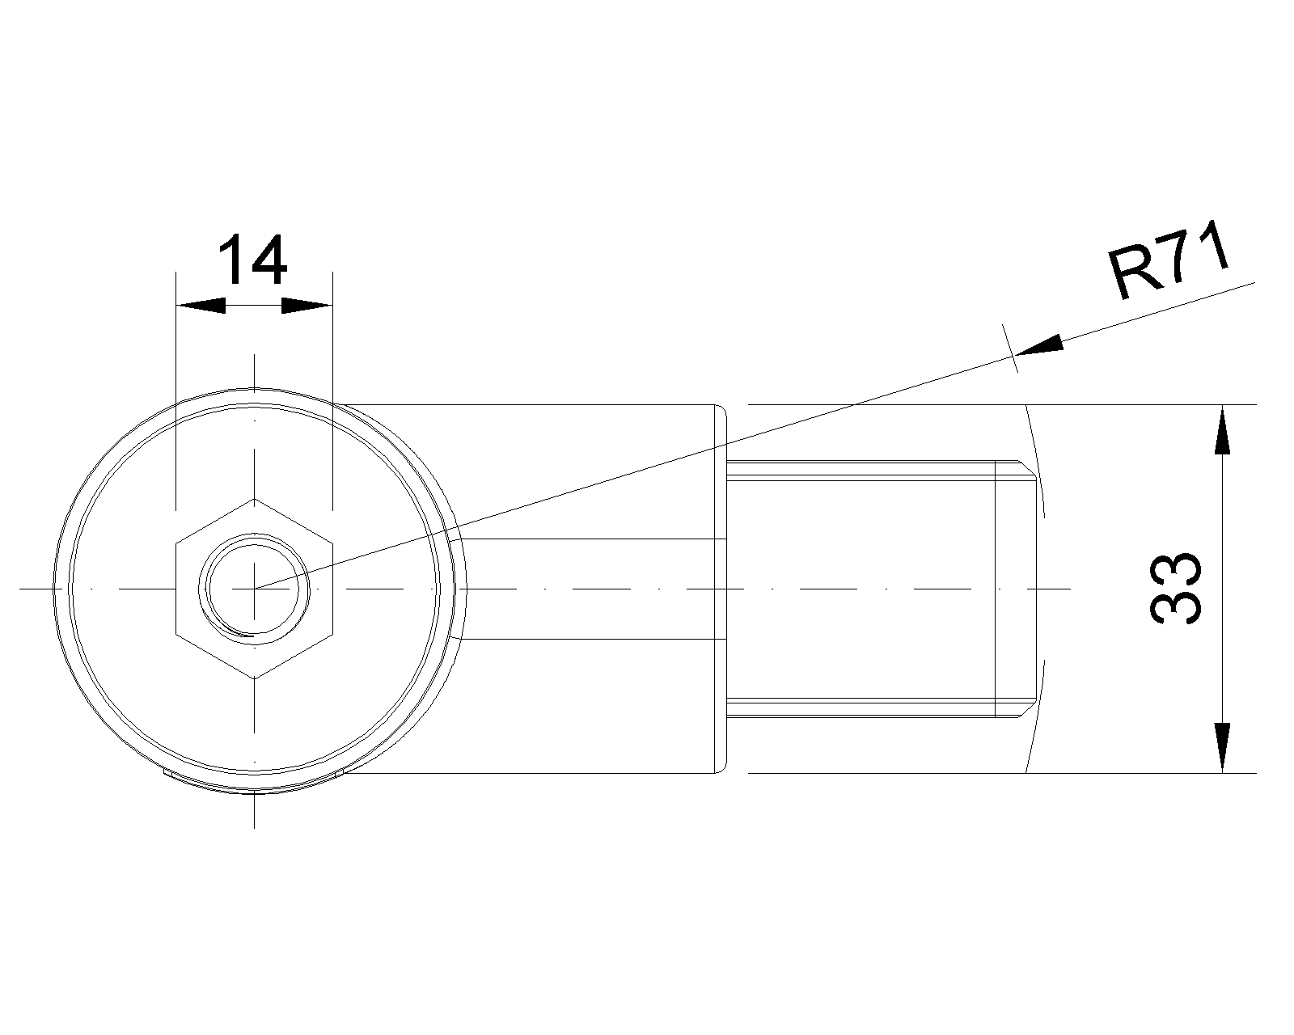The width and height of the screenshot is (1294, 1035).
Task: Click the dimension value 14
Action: (x=252, y=260)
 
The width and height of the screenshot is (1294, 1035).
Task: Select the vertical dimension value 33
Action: (x=1176, y=589)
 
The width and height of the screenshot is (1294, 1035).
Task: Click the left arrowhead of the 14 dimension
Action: (x=201, y=306)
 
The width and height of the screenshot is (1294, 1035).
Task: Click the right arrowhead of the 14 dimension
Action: (x=307, y=306)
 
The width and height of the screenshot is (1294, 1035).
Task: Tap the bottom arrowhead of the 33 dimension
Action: (x=1223, y=747)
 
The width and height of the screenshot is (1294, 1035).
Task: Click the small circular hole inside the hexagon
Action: (x=254, y=589)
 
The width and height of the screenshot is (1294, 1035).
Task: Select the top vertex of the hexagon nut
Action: (x=254, y=499)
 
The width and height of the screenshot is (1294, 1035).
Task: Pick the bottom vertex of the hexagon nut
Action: (x=254, y=679)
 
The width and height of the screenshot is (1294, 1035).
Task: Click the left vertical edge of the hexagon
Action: (x=176, y=589)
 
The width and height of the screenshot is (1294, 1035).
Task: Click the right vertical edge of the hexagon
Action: (x=332, y=589)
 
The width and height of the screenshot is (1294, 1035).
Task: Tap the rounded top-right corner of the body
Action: (x=723, y=409)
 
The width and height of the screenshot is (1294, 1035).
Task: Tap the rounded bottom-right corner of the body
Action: (x=723, y=769)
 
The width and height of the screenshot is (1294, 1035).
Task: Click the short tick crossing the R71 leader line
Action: (x=1010, y=349)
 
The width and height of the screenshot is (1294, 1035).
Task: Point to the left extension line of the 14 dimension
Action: (x=176, y=391)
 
